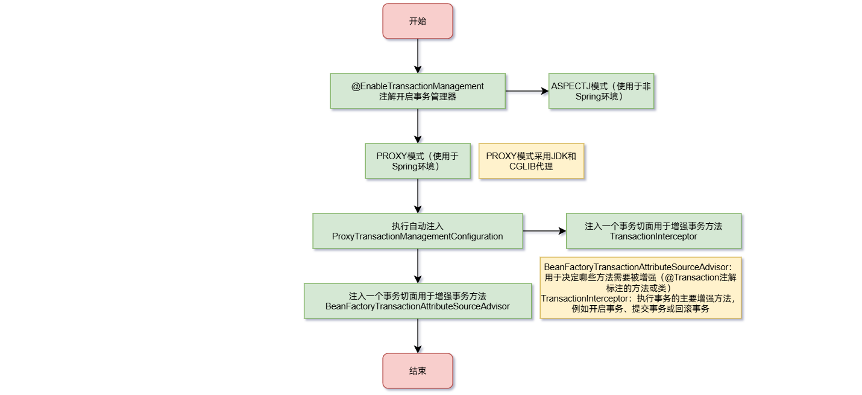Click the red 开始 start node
417,21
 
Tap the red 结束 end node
417,371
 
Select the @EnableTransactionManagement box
417,91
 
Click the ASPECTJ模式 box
601,91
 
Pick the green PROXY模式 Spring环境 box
417,161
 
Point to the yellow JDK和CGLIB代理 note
531,161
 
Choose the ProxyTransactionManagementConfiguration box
417,231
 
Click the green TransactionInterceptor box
653,231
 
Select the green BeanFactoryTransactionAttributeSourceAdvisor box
417,301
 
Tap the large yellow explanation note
640,288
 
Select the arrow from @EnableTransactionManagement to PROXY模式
417,126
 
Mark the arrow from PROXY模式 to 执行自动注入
417,196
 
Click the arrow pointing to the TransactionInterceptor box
544,231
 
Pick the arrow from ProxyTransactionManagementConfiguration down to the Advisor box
417,266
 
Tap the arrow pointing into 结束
417,336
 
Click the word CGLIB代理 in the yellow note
531,166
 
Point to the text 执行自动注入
417,226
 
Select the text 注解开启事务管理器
417,96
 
